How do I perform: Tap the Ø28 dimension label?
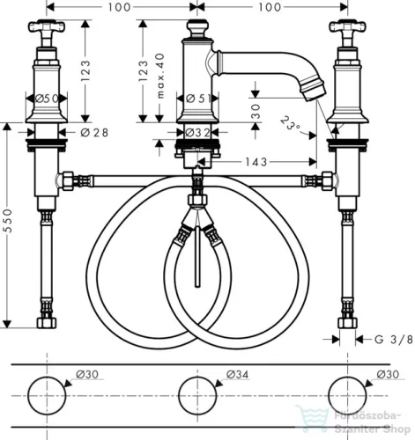click(93, 132)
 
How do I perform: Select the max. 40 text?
click(159, 77)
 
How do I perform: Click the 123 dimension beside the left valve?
click(85, 65)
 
